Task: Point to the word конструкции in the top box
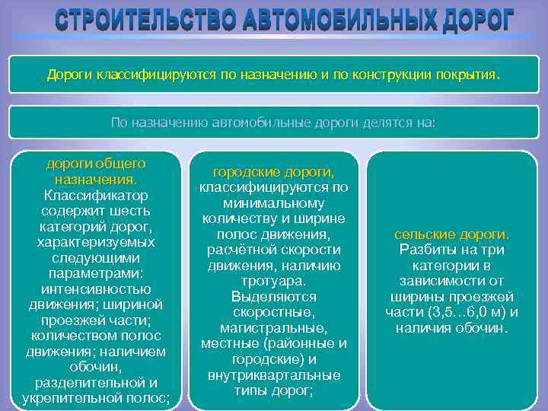pyautogui.click(x=390, y=76)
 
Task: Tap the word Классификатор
pyautogui.click(x=96, y=195)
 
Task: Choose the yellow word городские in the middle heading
pyautogui.click(x=249, y=172)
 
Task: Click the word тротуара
pyautogui.click(x=274, y=281)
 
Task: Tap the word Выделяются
pyautogui.click(x=274, y=297)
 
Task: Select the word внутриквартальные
pyautogui.click(x=274, y=374)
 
